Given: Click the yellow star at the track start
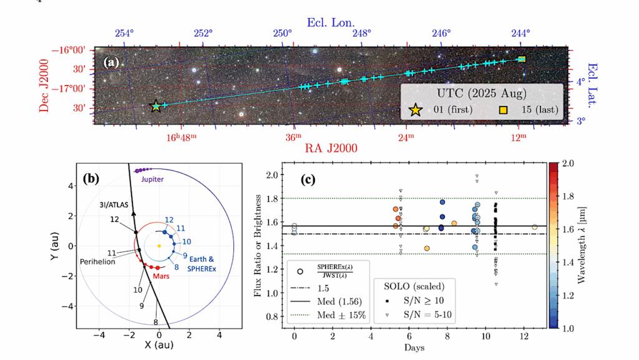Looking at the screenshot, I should pyautogui.click(x=156, y=107).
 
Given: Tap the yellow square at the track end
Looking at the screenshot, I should pyautogui.click(x=522, y=59).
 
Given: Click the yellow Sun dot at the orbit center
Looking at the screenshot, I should pyautogui.click(x=159, y=246).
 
